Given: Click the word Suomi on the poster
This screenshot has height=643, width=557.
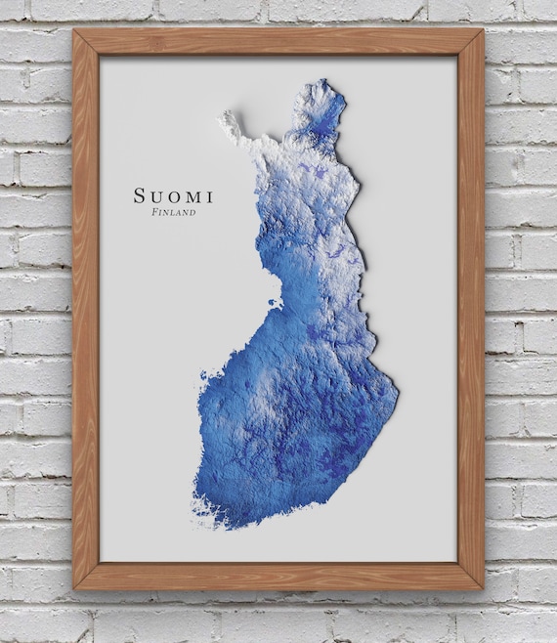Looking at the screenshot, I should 175,195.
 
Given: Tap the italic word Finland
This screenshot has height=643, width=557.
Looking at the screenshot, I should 175,212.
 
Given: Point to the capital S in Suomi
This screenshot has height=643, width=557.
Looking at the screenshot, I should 143,195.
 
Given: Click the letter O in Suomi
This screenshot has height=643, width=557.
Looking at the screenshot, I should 176,195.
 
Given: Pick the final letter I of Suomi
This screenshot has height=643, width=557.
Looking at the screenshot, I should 210,195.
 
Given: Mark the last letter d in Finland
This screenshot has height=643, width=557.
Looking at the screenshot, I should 193,212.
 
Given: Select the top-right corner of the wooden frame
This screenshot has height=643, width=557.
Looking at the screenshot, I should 482,31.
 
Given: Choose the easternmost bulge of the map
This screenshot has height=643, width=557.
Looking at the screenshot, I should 395,391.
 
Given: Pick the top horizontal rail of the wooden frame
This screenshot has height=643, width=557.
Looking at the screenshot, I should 278,42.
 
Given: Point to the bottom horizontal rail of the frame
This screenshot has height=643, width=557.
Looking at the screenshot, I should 278,577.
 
